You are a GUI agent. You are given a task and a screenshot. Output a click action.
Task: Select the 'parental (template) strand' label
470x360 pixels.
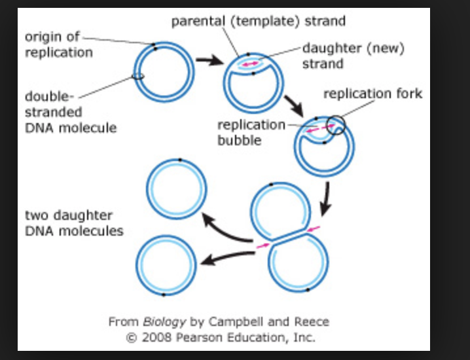click(259, 21)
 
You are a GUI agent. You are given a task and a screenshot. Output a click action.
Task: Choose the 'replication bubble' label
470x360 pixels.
click(251, 132)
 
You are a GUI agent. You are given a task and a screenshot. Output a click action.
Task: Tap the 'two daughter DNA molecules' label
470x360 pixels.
click(74, 223)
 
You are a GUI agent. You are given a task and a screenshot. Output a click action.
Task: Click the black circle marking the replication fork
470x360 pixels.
click(336, 124)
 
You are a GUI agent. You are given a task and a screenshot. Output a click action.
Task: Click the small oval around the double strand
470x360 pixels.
click(138, 77)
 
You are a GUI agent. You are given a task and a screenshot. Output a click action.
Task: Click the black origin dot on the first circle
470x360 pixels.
click(155, 45)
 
